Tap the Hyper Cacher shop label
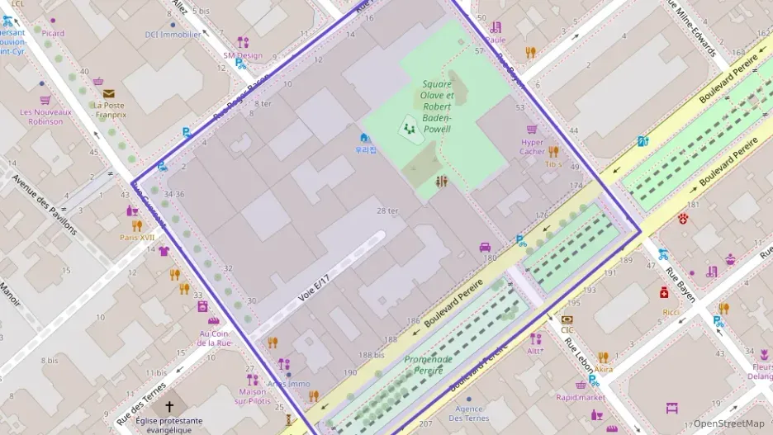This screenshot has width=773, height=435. click(x=532, y=146)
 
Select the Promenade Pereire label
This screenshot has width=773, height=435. click(x=429, y=365)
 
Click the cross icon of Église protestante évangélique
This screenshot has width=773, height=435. click(x=170, y=406)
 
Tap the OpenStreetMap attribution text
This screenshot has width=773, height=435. click(x=729, y=423)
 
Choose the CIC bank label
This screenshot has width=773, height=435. click(x=567, y=330)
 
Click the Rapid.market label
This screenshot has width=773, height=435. click(x=580, y=397)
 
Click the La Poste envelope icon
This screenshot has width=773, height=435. click(x=108, y=93)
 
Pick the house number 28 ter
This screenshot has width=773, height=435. click(x=387, y=211)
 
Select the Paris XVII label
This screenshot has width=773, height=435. click(x=137, y=238)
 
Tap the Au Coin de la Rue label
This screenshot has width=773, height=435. click(x=215, y=338)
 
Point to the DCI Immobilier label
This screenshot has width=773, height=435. click(x=173, y=35)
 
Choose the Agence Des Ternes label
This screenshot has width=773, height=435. click(x=471, y=414)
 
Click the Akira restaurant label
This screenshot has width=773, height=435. click(x=604, y=369)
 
